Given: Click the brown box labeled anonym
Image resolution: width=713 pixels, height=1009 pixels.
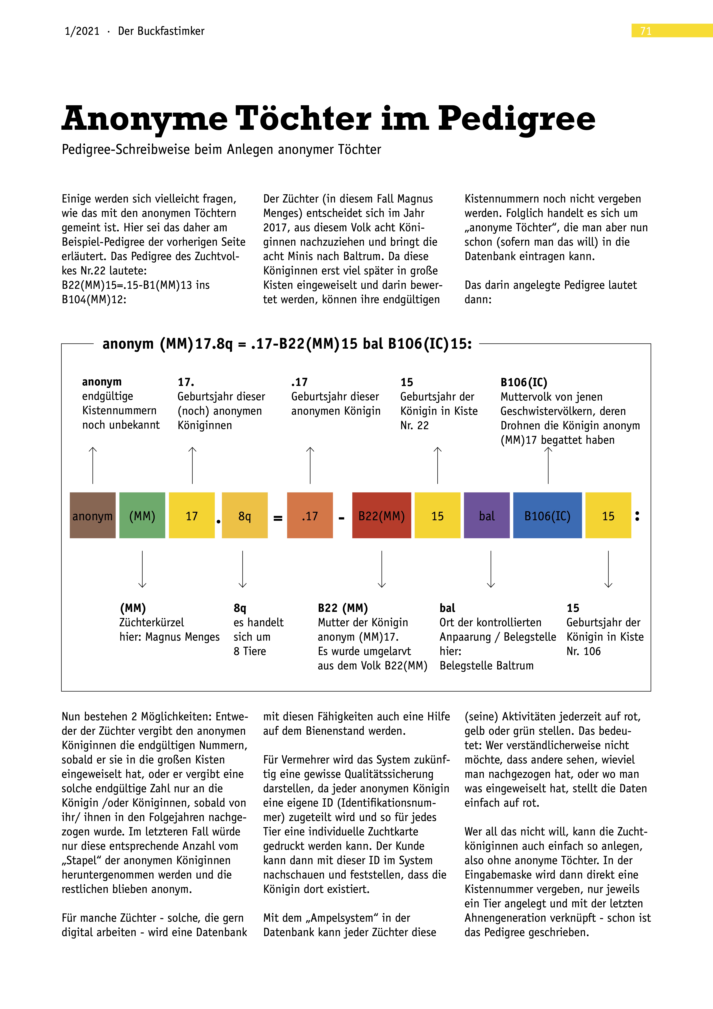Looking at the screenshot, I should tap(93, 516).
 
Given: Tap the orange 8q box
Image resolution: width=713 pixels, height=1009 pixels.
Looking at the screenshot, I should tap(245, 516).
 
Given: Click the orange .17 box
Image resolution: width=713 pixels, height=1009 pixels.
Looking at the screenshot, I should tap(310, 516).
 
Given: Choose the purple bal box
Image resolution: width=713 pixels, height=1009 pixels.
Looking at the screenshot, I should tap(487, 516).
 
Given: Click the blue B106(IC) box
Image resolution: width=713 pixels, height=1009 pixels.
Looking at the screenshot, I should tap(547, 516).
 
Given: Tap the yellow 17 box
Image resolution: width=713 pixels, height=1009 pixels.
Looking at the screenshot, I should tap(191, 516).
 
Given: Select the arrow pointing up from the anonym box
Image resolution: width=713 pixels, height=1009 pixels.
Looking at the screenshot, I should tap(93, 465).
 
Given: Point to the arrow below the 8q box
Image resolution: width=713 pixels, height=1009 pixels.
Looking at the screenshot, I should tap(243, 569).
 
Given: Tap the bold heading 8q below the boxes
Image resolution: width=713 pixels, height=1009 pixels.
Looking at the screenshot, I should tap(240, 608).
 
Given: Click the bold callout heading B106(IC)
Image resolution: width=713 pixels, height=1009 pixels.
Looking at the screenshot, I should tap(524, 382).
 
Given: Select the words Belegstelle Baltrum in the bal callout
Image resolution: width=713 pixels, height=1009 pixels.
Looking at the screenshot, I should tap(486, 666).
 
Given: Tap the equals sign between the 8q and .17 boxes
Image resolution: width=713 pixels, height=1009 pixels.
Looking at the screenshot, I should tap(278, 519).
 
